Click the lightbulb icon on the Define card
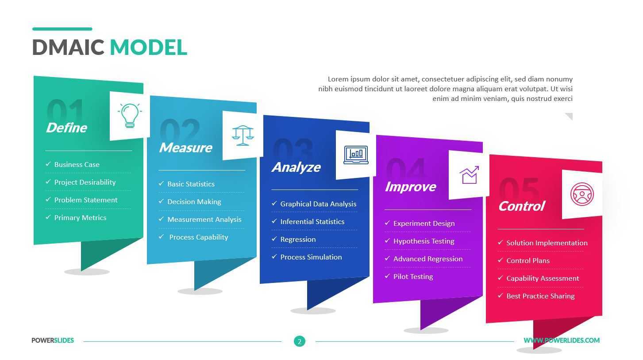[x=130, y=116]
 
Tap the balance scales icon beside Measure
[x=243, y=135]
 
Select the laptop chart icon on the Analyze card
[x=356, y=155]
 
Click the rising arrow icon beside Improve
[x=469, y=175]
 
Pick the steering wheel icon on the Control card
[x=582, y=194]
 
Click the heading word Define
[x=66, y=128]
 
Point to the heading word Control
[x=521, y=206]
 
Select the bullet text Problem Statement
[x=86, y=200]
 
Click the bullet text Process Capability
[x=198, y=237]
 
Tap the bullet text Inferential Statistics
[x=312, y=222]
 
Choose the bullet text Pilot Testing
[x=413, y=277]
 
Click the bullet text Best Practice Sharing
[x=540, y=296]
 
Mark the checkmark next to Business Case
[x=48, y=164]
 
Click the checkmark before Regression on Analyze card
[x=274, y=239]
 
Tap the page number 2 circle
[x=300, y=341]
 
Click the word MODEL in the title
[x=148, y=47]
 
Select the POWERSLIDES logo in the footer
[x=53, y=341]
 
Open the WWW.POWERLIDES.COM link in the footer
[x=562, y=341]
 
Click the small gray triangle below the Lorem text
[x=570, y=116]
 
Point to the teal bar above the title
[x=62, y=29]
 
